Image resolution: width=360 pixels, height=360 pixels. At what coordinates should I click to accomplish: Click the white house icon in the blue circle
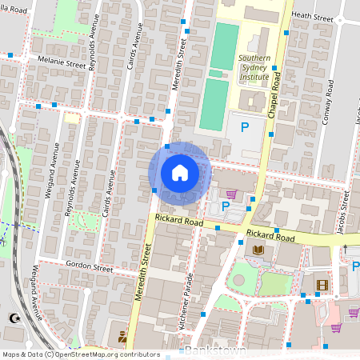(179, 173)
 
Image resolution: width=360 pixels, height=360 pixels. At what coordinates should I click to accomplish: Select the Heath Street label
(312, 15)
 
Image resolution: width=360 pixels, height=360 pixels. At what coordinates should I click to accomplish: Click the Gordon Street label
(90, 266)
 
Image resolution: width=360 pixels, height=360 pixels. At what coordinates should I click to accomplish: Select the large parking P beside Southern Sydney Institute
(246, 127)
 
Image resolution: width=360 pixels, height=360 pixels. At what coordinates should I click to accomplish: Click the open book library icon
(258, 251)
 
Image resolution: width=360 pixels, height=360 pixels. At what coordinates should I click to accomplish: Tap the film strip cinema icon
(321, 285)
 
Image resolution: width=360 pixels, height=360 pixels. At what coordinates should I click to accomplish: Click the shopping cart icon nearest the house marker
(231, 194)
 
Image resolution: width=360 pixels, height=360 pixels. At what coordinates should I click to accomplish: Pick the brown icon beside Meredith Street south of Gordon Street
(122, 335)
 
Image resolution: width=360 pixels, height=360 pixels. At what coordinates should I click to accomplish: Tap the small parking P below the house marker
(226, 206)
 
